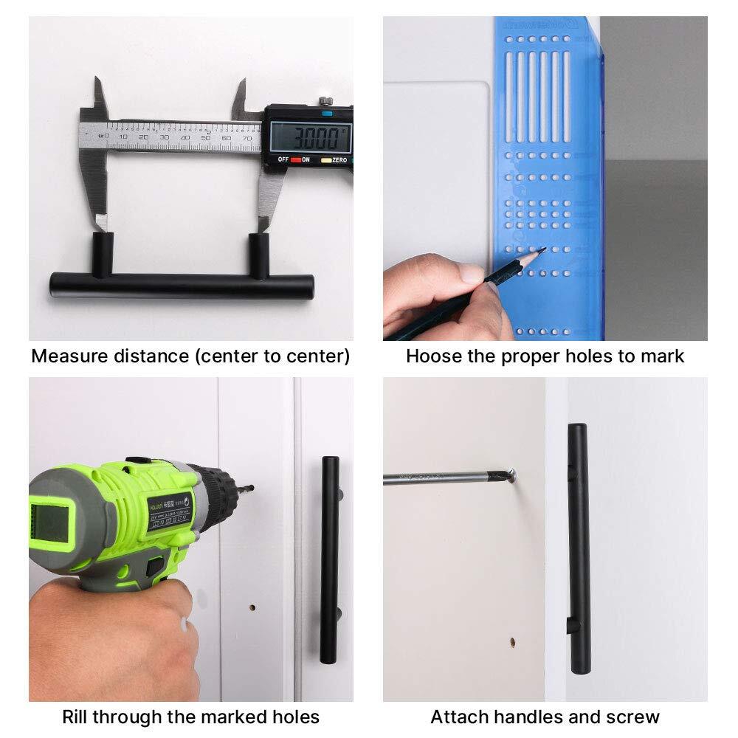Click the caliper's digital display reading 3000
309,137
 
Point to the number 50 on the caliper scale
206,137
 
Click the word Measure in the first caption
67,356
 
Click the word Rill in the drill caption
76,717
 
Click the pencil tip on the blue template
542,250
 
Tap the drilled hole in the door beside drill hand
252,608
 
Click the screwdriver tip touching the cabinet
510,477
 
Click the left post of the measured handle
103,254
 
